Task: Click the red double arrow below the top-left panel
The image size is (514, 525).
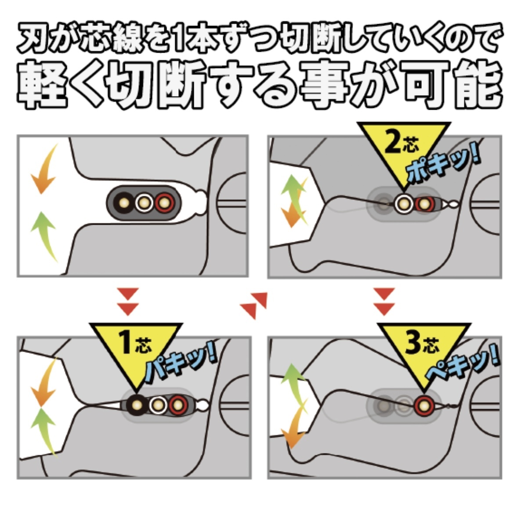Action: coord(128,302)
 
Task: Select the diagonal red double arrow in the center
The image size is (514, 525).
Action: coord(254,305)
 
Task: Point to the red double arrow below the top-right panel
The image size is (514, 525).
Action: coord(384,302)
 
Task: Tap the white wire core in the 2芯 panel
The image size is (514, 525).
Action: coord(402,204)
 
